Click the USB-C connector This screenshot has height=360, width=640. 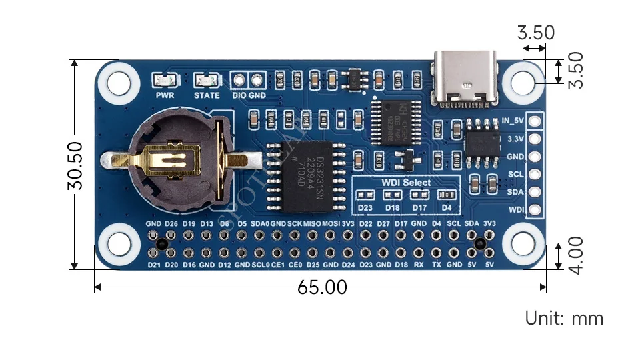pyautogui.click(x=467, y=79)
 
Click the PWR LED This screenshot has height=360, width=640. pyautogui.click(x=165, y=81)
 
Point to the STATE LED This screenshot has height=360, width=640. pyautogui.click(x=207, y=81)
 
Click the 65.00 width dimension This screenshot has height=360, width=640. pyautogui.click(x=323, y=287)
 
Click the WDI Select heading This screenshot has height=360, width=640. pyautogui.click(x=406, y=182)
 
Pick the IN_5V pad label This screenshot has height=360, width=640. pyautogui.click(x=512, y=121)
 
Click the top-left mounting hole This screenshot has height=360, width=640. pyautogui.click(x=119, y=83)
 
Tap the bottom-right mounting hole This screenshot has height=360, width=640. pyautogui.click(x=524, y=245)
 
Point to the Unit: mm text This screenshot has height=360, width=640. pyautogui.click(x=564, y=318)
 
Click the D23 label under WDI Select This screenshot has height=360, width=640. pyautogui.click(x=365, y=207)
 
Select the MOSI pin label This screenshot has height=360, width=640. pyautogui.click(x=331, y=223)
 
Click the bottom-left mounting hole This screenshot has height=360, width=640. pyautogui.click(x=119, y=245)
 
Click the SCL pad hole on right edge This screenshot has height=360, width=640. pyautogui.click(x=534, y=175)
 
